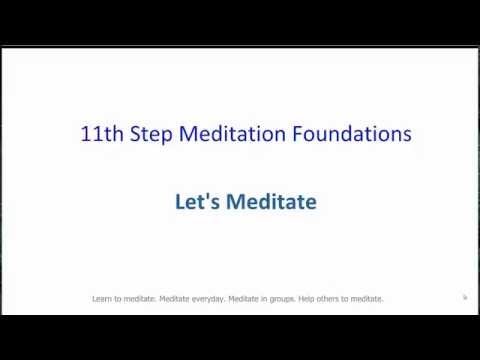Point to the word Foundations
click(345, 134)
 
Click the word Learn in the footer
click(101, 298)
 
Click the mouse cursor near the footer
click(465, 297)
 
